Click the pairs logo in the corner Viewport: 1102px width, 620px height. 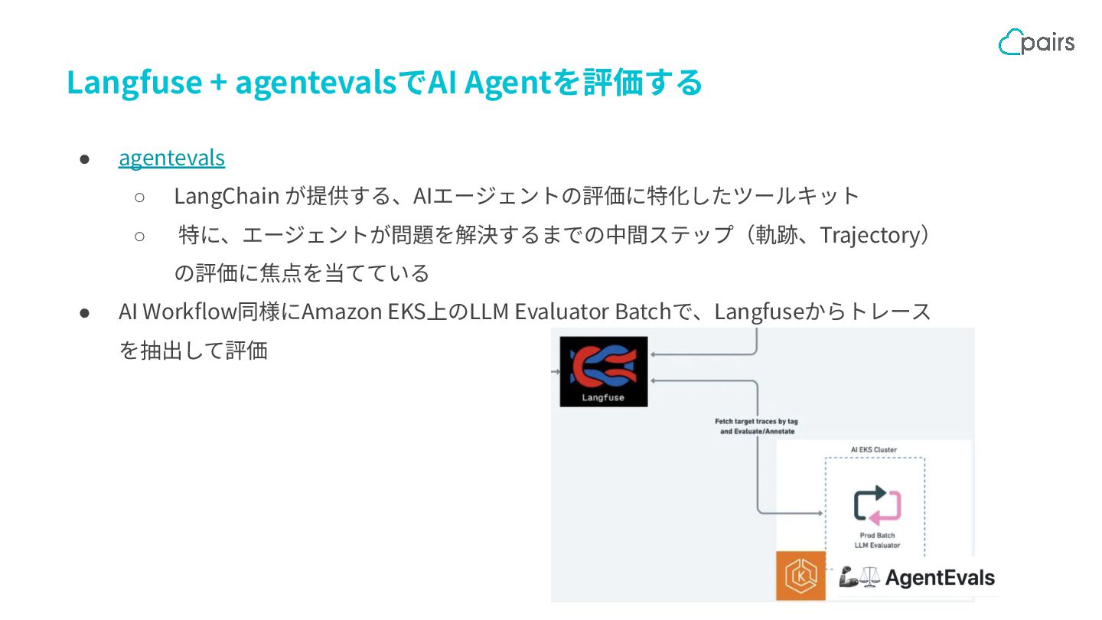pyautogui.click(x=1036, y=41)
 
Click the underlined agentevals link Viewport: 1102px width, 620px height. pyautogui.click(x=171, y=158)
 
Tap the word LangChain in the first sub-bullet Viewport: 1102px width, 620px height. pyautogui.click(x=226, y=196)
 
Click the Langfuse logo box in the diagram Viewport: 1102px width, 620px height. pyautogui.click(x=603, y=371)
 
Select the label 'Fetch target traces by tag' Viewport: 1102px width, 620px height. pyautogui.click(x=756, y=421)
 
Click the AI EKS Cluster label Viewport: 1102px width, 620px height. pyautogui.click(x=874, y=449)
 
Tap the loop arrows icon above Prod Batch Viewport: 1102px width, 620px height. pyautogui.click(x=877, y=504)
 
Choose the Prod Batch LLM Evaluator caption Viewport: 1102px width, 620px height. pyautogui.click(x=877, y=540)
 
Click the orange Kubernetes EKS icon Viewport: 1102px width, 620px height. pyautogui.click(x=801, y=576)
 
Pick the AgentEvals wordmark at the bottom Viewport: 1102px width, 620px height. pyautogui.click(x=940, y=578)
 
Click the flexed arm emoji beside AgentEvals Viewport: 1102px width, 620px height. pyautogui.click(x=848, y=578)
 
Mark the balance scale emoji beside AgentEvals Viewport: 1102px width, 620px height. pyautogui.click(x=869, y=578)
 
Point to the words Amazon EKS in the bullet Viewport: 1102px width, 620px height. pyautogui.click(x=363, y=312)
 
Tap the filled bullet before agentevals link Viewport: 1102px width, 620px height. pyautogui.click(x=85, y=158)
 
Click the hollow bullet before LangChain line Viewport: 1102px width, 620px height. pyautogui.click(x=139, y=197)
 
